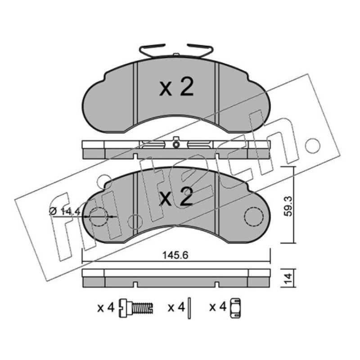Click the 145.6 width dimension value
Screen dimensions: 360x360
tap(175, 255)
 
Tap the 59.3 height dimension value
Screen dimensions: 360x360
tap(288, 206)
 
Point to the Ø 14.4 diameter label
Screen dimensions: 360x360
tap(65, 211)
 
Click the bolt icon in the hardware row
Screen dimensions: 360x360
tap(136, 308)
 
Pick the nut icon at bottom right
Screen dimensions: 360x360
tap(235, 308)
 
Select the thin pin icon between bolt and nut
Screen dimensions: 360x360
tap(189, 308)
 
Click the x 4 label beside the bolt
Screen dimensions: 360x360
tap(106, 307)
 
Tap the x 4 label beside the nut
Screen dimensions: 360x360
tap(218, 307)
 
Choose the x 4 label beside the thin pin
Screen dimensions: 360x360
tap(176, 307)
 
